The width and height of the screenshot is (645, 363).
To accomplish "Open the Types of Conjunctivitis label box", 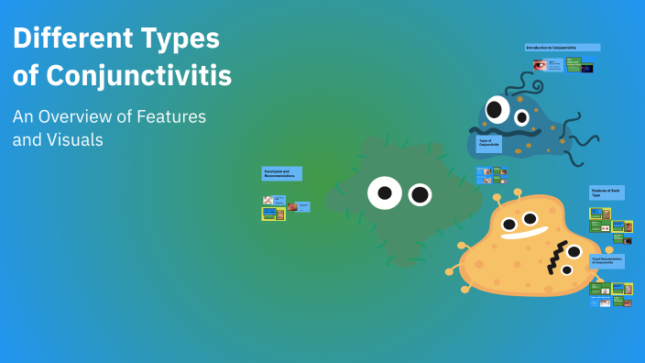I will (x=488, y=143).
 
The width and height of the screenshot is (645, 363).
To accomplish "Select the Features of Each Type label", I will (x=606, y=193).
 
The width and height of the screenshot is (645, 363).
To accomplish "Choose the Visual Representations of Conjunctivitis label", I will (x=607, y=261).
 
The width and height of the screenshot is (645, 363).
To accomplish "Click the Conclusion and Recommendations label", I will (x=281, y=173).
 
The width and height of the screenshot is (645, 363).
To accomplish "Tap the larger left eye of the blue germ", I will (x=497, y=111).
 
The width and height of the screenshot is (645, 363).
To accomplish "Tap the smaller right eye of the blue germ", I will (x=522, y=117).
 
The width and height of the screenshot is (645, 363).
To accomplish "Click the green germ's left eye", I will (x=385, y=192).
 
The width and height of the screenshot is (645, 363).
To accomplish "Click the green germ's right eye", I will (x=420, y=194).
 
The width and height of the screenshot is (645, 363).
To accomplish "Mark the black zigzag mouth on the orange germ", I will (x=555, y=260).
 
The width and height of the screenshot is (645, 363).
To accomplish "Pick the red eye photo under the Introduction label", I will (x=540, y=65).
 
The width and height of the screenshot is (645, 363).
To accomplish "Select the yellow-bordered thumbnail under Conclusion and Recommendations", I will (x=273, y=214).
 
